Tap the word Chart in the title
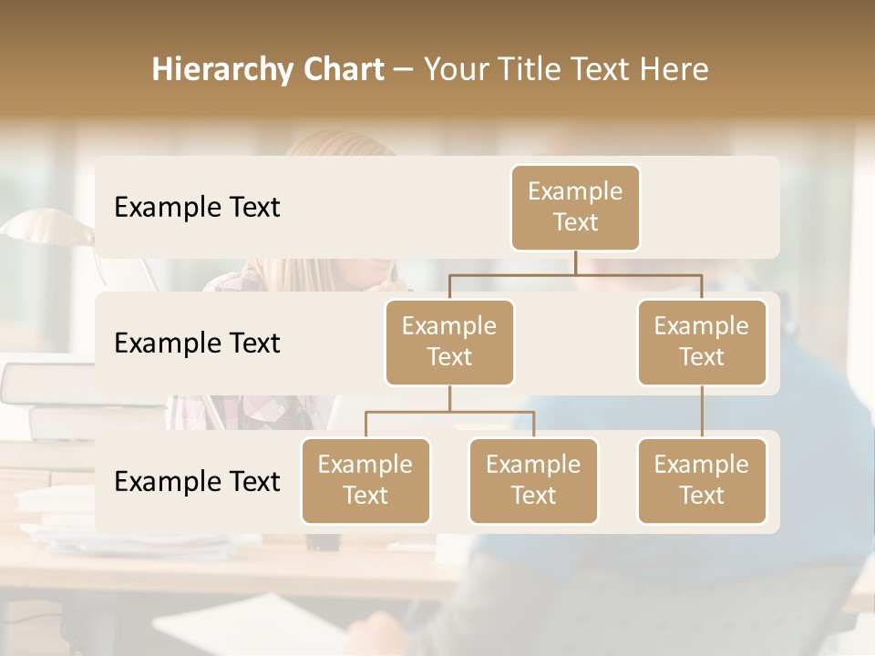pyautogui.click(x=342, y=69)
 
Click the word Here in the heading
pyautogui.click(x=675, y=69)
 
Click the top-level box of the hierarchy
pyautogui.click(x=575, y=207)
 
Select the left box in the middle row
pyautogui.click(x=449, y=342)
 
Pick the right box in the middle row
pyautogui.click(x=702, y=342)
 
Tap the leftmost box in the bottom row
pyautogui.click(x=365, y=480)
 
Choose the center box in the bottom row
pyautogui.click(x=533, y=480)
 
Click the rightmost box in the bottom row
pyautogui.click(x=702, y=480)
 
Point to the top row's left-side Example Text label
pyautogui.click(x=197, y=208)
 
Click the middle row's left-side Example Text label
pyautogui.click(x=197, y=343)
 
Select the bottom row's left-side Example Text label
pyautogui.click(x=197, y=481)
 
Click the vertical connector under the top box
pyautogui.click(x=575, y=262)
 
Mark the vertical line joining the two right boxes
pyautogui.click(x=702, y=412)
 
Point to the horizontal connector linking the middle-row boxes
pyautogui.click(x=575, y=274)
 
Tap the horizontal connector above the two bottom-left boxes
pyautogui.click(x=449, y=412)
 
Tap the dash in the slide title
pyautogui.click(x=403, y=70)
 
